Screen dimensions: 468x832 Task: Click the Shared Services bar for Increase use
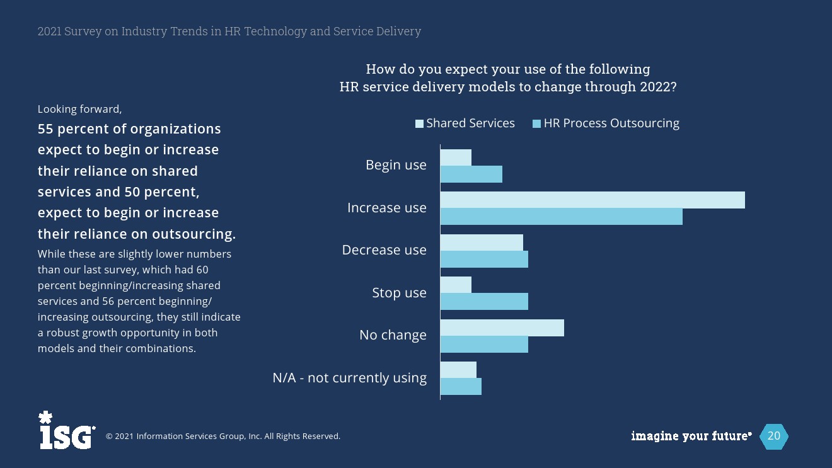592,200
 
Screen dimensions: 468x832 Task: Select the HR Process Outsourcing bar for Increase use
561,217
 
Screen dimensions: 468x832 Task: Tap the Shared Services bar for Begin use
456,157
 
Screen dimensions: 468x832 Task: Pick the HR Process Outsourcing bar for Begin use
471,174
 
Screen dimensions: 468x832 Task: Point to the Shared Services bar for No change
502,328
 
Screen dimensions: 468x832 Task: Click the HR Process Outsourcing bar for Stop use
484,302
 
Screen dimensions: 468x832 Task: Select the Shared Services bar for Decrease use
482,243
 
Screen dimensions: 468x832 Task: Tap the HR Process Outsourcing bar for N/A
461,387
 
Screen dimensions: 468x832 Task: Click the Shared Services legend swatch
419,123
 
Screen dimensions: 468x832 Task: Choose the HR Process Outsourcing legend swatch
537,123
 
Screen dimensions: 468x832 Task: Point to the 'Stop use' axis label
399,293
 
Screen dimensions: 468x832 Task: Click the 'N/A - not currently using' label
349,378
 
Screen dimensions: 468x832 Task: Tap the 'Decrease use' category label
384,250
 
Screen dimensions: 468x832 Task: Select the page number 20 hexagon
773,436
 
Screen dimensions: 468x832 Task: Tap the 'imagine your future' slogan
691,436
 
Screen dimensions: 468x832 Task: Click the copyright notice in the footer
222,436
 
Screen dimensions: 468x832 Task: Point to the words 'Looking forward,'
79,109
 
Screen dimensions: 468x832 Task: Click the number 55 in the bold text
45,129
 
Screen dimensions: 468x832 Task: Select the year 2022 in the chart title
655,86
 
